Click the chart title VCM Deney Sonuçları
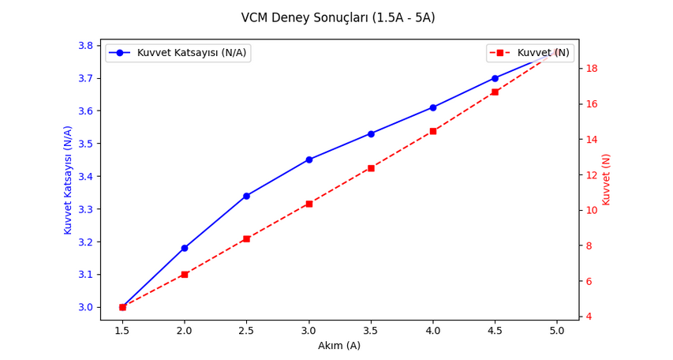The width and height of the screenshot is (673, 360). click(x=349, y=17)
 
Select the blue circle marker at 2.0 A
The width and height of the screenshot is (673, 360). click(x=185, y=248)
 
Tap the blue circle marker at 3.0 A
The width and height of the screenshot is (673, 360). click(x=308, y=159)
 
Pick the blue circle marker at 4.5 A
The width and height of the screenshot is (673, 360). click(x=495, y=78)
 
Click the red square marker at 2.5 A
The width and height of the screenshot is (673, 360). click(x=246, y=238)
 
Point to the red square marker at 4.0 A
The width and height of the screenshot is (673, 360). click(x=433, y=131)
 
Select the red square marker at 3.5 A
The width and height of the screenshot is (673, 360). click(x=371, y=168)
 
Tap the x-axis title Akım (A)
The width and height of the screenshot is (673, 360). click(x=339, y=346)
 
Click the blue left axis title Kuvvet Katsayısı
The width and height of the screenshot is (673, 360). click(x=69, y=180)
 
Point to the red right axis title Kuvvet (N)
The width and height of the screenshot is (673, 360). click(x=606, y=180)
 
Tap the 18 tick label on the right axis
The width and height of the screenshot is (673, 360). click(x=592, y=69)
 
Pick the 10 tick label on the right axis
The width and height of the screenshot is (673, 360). click(x=592, y=210)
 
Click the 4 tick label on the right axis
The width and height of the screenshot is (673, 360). click(x=589, y=317)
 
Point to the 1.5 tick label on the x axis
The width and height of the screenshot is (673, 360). click(x=122, y=332)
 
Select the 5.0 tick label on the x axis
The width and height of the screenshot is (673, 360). click(x=556, y=332)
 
